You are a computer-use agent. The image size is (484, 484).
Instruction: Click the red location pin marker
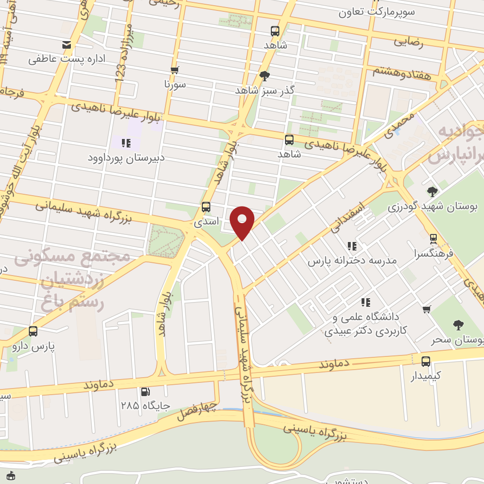[242, 221]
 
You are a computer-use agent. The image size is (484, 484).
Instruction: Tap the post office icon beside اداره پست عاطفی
[67, 45]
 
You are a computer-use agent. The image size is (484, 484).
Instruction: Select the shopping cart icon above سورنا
[175, 70]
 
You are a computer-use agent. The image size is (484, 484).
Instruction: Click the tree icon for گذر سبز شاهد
[265, 75]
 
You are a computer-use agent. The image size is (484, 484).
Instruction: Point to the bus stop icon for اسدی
[206, 207]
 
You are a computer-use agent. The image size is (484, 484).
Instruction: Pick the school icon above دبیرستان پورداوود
[126, 143]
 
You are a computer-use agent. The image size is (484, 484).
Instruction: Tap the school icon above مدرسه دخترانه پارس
[352, 246]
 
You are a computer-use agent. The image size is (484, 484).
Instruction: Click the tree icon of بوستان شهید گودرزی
[432, 191]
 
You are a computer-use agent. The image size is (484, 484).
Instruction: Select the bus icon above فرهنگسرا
[433, 239]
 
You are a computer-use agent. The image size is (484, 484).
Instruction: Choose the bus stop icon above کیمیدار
[426, 362]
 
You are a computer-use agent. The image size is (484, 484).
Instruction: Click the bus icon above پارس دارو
[33, 331]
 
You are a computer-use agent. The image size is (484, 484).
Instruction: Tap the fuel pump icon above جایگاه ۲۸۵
[146, 391]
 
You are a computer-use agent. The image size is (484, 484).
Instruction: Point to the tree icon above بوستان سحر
[458, 325]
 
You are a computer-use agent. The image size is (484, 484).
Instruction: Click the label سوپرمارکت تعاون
[376, 12]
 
